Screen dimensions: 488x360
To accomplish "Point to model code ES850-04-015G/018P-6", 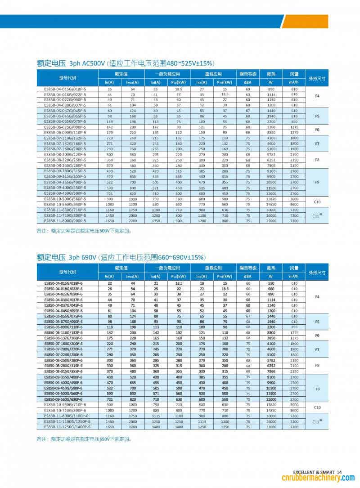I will [63, 283].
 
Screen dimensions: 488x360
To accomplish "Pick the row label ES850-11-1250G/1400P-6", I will [67, 426].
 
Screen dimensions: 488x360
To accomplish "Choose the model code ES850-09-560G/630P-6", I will [63, 399].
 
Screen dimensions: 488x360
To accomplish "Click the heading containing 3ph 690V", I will [121, 257].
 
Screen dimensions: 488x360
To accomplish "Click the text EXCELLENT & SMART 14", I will [318, 472].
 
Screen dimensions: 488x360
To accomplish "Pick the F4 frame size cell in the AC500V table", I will [317, 97].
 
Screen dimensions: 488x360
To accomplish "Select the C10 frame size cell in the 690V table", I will [317, 407].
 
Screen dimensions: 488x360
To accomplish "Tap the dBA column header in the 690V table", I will [247, 276].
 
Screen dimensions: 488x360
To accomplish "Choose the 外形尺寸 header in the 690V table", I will [317, 273].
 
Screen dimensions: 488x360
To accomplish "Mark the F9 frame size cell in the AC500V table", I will [317, 183].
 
